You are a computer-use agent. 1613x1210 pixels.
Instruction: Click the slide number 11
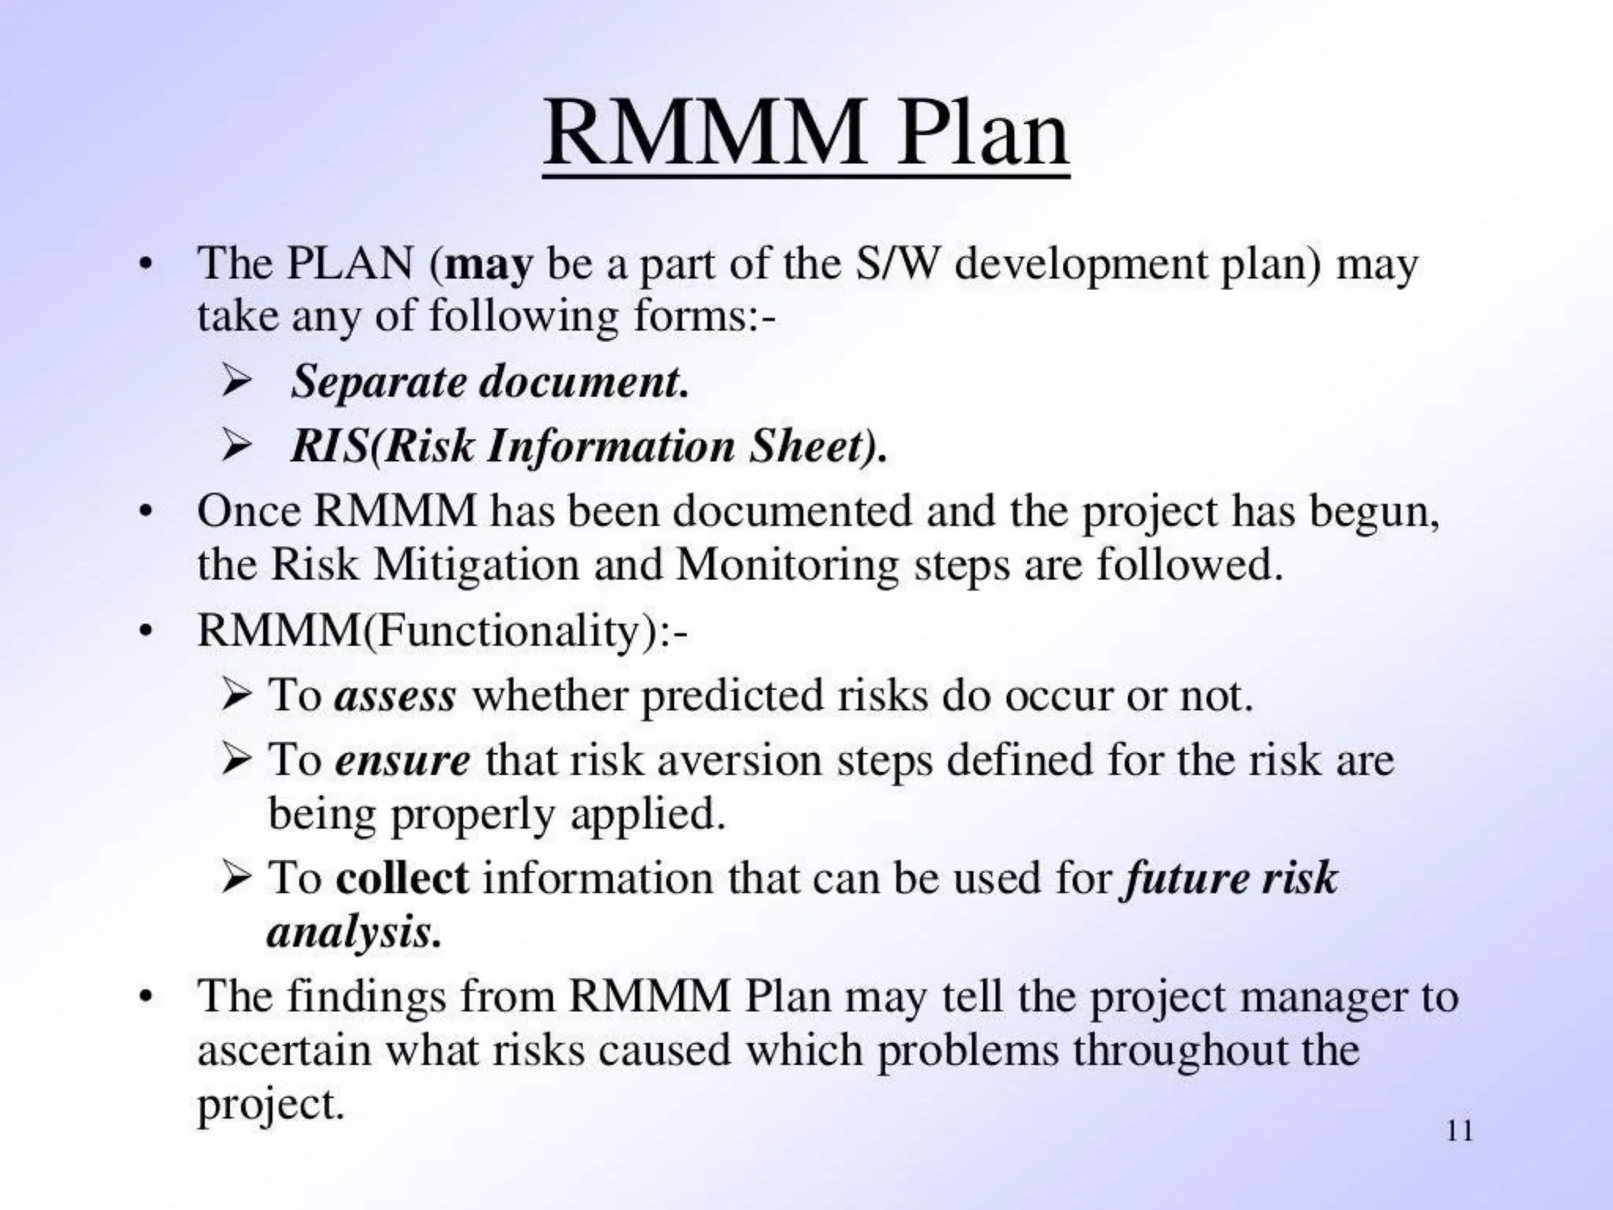pos(1459,1131)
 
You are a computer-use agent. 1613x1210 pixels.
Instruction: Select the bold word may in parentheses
pos(488,265)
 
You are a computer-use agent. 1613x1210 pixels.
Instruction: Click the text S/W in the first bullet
pos(897,263)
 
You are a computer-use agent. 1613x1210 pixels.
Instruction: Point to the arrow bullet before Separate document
pos(235,382)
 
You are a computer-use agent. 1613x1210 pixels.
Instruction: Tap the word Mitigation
pos(476,564)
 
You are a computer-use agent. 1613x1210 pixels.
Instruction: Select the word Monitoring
pos(787,566)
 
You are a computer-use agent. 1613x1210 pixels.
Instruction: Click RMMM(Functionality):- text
pos(442,631)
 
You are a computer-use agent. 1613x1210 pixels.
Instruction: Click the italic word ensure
pos(402,761)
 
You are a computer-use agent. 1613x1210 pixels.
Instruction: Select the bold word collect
pos(402,878)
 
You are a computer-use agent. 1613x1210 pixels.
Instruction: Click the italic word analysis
pos(351,933)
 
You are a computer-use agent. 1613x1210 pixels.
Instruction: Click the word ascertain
pos(284,1051)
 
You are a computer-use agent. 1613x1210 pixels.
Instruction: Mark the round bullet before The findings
pos(144,998)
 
